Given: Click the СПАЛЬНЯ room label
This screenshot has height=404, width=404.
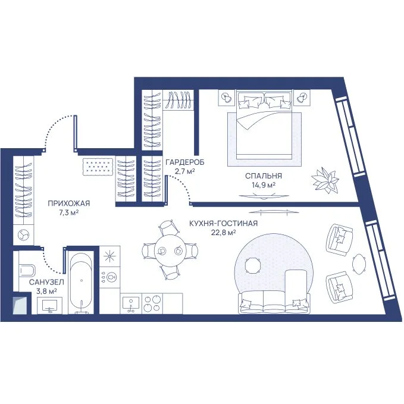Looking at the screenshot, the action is pyautogui.click(x=264, y=176).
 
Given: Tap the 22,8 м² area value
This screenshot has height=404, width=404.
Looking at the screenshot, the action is pyautogui.click(x=223, y=233).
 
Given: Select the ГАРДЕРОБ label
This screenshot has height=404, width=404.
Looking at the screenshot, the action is pyautogui.click(x=184, y=162).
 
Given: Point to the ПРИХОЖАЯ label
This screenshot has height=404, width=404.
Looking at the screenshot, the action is pyautogui.click(x=69, y=203).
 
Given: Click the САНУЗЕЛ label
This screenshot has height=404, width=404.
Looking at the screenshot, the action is pyautogui.click(x=46, y=283).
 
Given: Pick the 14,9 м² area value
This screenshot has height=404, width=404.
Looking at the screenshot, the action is pyautogui.click(x=264, y=185).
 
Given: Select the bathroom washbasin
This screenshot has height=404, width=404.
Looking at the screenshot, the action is pyautogui.click(x=50, y=306).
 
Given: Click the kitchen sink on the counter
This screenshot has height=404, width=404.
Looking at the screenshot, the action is pyautogui.click(x=131, y=304).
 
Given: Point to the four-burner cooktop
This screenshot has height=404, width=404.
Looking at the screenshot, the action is pyautogui.click(x=152, y=303).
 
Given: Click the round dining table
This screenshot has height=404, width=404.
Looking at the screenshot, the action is pyautogui.click(x=170, y=250).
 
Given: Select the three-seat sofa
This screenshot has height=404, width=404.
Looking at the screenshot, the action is pyautogui.click(x=274, y=302).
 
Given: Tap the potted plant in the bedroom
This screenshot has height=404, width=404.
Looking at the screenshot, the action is pyautogui.click(x=325, y=180).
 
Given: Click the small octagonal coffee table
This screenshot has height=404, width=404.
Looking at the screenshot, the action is pyautogui.click(x=253, y=265).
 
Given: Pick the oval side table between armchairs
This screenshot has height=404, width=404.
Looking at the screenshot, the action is pyautogui.click(x=359, y=265).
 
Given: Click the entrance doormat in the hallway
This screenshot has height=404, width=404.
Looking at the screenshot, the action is pyautogui.click(x=98, y=167).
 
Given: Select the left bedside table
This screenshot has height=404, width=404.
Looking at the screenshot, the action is pyautogui.click(x=227, y=98).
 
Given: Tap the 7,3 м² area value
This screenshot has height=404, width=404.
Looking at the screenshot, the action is pyautogui.click(x=68, y=213).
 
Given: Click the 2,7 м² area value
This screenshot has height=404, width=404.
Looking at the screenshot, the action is pyautogui.click(x=184, y=171).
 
